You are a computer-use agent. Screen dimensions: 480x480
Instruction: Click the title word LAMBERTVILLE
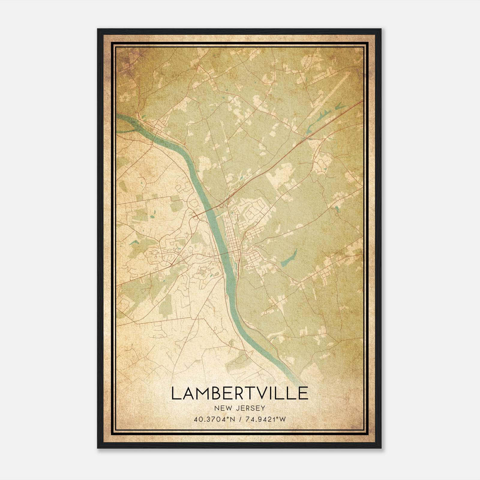click(x=239, y=393)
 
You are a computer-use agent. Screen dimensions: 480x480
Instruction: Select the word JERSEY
click(x=250, y=408)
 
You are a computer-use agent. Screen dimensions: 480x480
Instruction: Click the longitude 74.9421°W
click(x=265, y=419)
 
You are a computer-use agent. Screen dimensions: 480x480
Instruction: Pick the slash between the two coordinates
click(x=240, y=419)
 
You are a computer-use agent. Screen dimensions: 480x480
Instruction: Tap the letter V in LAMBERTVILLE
click(x=265, y=393)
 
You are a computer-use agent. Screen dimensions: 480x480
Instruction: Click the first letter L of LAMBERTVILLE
click(x=176, y=393)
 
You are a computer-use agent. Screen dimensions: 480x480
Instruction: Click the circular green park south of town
click(x=202, y=272)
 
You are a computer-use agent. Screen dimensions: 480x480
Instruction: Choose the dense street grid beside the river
click(x=232, y=237)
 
